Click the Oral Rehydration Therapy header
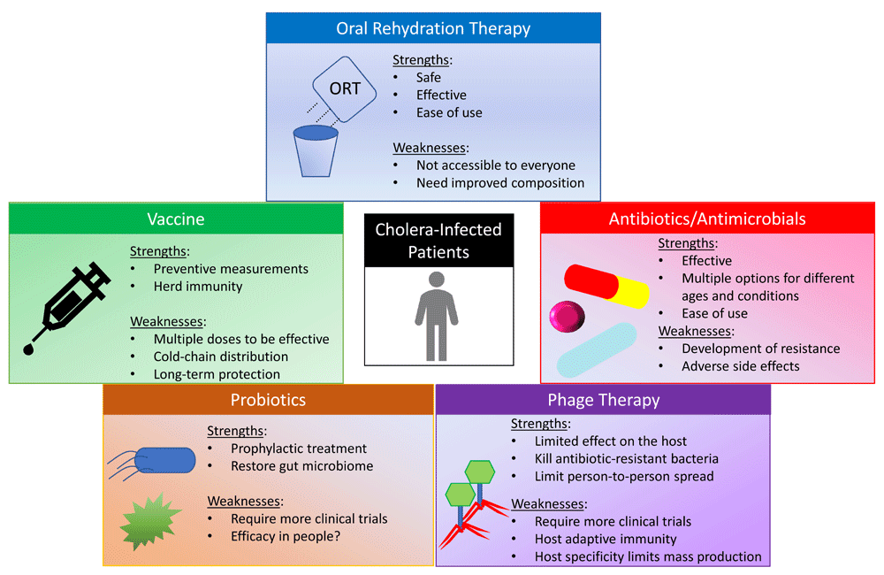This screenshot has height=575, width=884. tap(433, 29)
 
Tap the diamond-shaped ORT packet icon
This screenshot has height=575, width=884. tap(345, 89)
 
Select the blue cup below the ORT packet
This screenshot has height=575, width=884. tap(316, 150)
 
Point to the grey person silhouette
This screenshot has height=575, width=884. tap(437, 316)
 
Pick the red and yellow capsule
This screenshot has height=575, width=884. tap(606, 286)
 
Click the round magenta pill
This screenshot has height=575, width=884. tap(567, 317)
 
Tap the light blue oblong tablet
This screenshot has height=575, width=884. tap(597, 349)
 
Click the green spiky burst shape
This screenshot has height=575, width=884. tap(150, 521)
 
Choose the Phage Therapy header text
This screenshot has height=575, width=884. tap(604, 400)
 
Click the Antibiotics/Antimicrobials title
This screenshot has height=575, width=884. tap(707, 218)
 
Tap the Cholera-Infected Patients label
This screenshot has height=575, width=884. tap(438, 241)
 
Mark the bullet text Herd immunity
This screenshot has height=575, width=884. tap(198, 287)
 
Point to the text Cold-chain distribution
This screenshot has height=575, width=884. tap(221, 356)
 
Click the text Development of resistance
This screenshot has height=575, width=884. tap(761, 349)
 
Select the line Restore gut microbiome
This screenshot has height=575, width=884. tap(302, 466)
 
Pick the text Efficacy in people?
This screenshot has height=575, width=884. tap(286, 536)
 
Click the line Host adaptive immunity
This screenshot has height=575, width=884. tap(606, 539)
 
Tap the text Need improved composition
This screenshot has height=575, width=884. tap(500, 183)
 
